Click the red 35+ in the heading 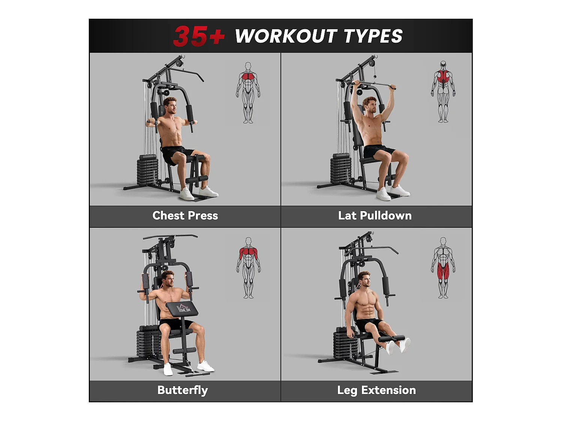pyautogui.click(x=199, y=36)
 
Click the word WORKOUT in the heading pyautogui.click(x=286, y=36)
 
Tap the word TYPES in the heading pyautogui.click(x=373, y=36)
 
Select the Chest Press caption pyautogui.click(x=185, y=216)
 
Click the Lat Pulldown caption pyautogui.click(x=375, y=216)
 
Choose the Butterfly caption pyautogui.click(x=182, y=390)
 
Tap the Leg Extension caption pyautogui.click(x=377, y=390)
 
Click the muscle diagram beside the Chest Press pyautogui.click(x=248, y=92)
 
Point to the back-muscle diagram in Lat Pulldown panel pyautogui.click(x=443, y=92)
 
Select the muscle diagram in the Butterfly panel pyautogui.click(x=248, y=268)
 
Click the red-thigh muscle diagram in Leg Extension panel pyautogui.click(x=443, y=268)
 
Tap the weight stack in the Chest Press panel pyautogui.click(x=147, y=170)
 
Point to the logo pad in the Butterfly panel pyautogui.click(x=182, y=309)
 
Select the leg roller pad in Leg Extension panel pyautogui.click(x=392, y=339)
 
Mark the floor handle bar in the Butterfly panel pyautogui.click(x=199, y=373)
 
